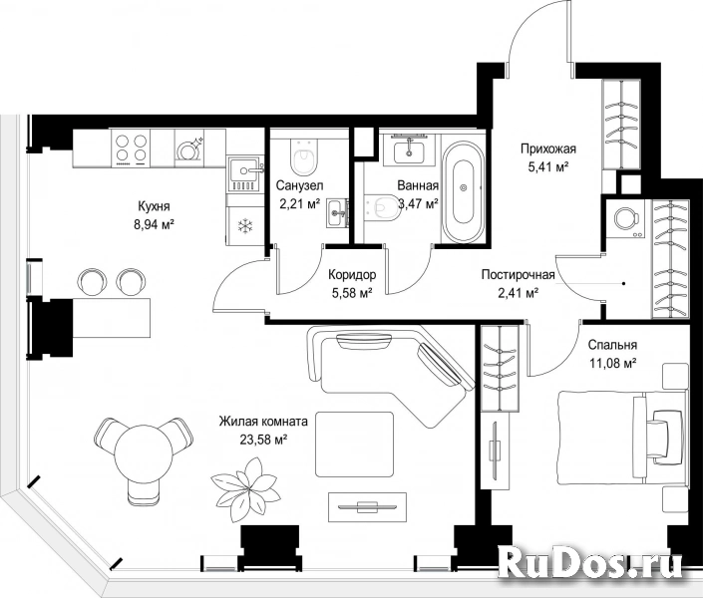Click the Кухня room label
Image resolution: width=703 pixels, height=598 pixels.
[154, 206]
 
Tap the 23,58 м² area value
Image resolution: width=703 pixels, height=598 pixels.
[263, 440]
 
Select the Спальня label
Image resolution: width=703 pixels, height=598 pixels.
[612, 345]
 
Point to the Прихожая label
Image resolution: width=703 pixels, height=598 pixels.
[547, 149]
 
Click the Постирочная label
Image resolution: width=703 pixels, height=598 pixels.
[519, 274]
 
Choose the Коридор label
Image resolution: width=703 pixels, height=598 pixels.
[352, 274]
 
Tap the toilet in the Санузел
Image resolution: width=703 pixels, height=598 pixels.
[304, 156]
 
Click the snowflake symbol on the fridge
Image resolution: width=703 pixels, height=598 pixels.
[245, 226]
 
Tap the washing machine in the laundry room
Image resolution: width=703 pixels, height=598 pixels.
[625, 218]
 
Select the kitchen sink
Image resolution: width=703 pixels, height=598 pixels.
[244, 173]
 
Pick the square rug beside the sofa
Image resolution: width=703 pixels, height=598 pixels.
[355, 445]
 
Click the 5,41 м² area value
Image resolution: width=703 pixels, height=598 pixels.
[548, 167]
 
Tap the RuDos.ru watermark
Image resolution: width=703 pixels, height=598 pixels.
[590, 562]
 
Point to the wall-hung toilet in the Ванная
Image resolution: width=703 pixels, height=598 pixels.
[383, 209]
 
